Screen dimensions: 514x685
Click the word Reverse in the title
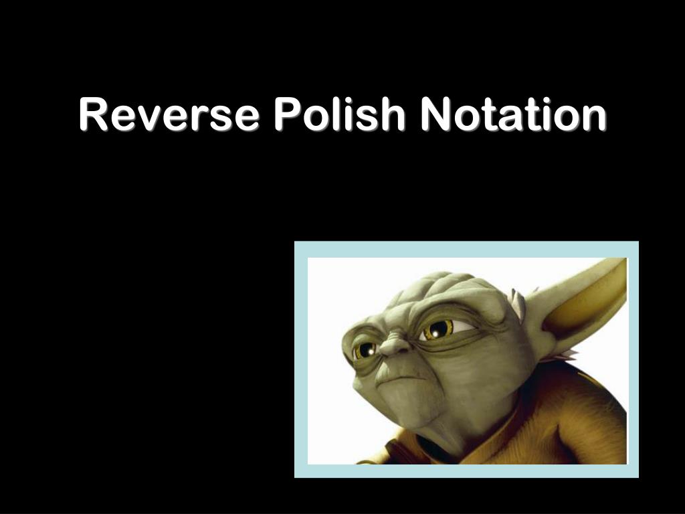coord(169,114)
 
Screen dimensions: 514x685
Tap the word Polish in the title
coord(339,114)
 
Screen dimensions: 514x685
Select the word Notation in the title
coord(513,114)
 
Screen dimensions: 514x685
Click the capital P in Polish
coord(286,114)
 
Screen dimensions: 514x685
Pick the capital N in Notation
coord(435,114)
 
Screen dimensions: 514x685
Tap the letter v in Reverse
coord(144,118)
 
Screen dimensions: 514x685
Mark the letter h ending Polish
coord(393,114)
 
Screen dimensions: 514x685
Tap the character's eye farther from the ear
coord(365,349)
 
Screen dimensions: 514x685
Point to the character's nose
coord(395,346)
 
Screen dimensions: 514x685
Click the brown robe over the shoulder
coord(575,415)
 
